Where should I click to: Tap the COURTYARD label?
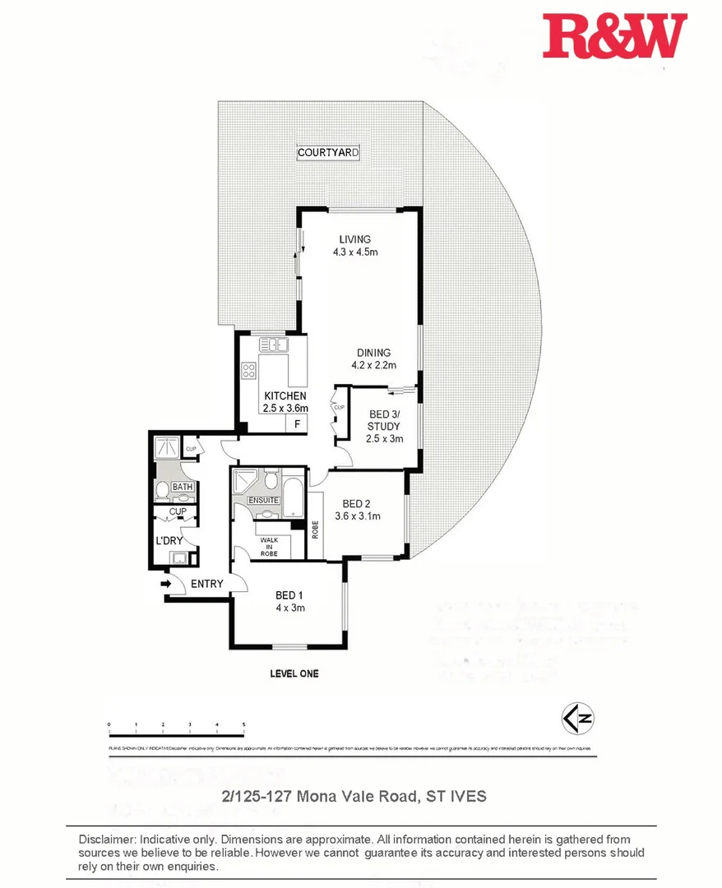328,153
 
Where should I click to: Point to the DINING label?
373,353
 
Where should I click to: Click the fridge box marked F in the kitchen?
297,423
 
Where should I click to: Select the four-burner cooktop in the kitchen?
248,371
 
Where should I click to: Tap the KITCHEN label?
285,396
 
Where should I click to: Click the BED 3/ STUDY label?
383,420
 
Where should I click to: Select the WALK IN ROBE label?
269,547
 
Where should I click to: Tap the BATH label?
182,488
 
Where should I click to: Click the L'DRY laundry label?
169,540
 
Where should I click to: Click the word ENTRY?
206,584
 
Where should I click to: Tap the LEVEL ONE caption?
294,673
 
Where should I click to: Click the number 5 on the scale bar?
243,724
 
